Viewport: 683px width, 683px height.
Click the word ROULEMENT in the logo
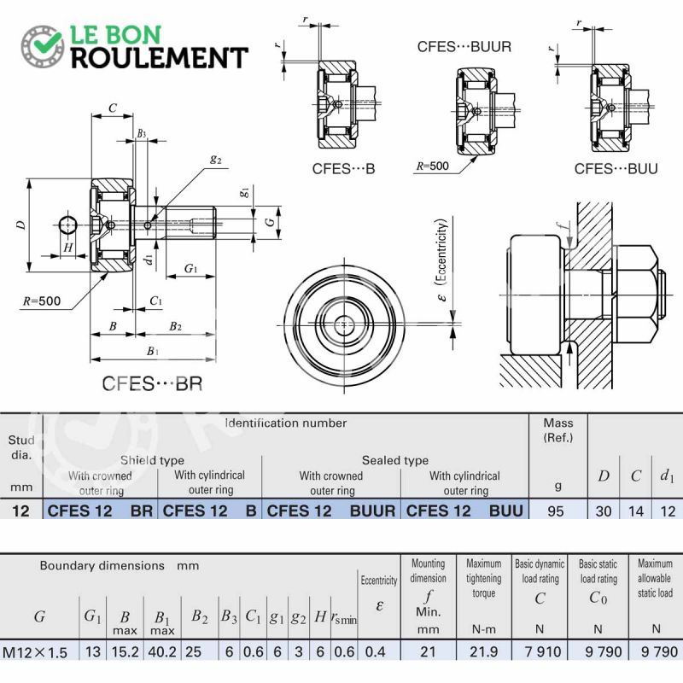tap(160, 58)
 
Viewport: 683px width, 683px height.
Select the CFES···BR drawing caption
tap(152, 383)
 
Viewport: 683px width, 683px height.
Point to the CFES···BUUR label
tap(464, 47)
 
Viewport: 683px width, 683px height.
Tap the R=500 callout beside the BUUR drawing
tap(432, 166)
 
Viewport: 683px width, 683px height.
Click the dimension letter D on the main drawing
tap(20, 225)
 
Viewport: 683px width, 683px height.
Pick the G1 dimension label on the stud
tap(190, 268)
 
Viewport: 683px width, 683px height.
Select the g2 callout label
tap(216, 160)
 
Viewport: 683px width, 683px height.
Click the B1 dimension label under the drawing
tap(153, 351)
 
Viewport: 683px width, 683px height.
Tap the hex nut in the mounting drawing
tap(634, 295)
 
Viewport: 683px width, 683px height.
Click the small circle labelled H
tap(67, 225)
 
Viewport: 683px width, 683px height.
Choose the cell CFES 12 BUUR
tap(331, 511)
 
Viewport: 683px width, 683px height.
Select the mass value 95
tap(556, 511)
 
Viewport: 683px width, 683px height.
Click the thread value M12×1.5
tap(35, 652)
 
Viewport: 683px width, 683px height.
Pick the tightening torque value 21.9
tap(483, 651)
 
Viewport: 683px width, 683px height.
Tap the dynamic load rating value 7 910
tap(543, 651)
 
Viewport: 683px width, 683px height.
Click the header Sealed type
tap(395, 460)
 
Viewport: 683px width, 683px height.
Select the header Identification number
tap(286, 423)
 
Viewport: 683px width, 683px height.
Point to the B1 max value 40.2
tap(162, 651)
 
